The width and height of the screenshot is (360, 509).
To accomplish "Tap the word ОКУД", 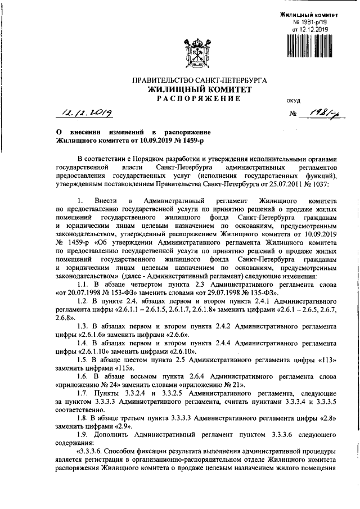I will [294, 101].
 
